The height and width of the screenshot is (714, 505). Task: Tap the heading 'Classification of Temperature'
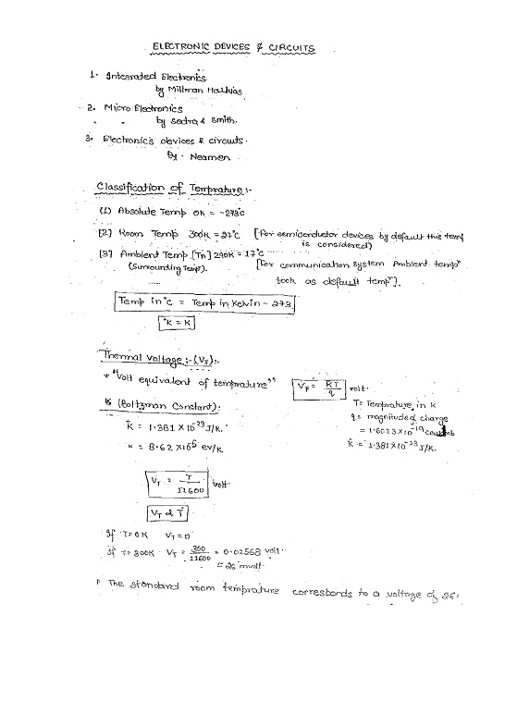click(x=169, y=190)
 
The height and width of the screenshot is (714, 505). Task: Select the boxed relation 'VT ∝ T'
click(x=168, y=512)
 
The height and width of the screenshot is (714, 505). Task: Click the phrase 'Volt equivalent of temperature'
click(x=180, y=383)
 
